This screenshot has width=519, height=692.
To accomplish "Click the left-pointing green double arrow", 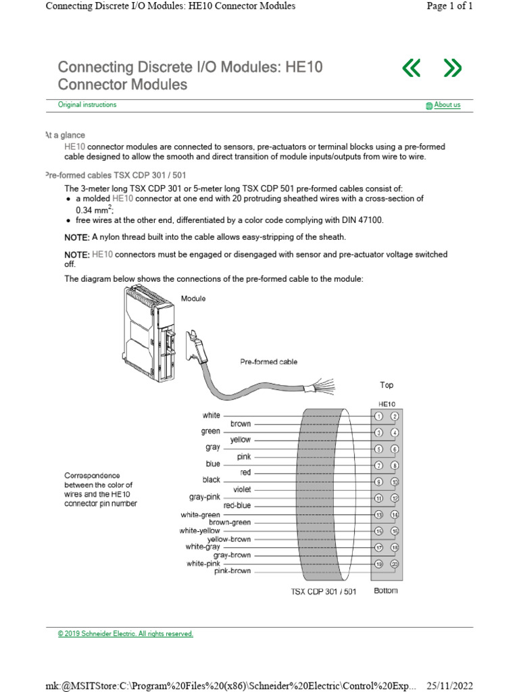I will pyautogui.click(x=411, y=68).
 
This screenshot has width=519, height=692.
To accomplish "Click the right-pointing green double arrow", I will pyautogui.click(x=452, y=68).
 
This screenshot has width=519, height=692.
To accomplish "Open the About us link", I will pyautogui.click(x=447, y=105).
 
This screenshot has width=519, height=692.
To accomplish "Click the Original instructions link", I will pyautogui.click(x=86, y=105).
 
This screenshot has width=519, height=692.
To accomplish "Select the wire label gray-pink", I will pyautogui.click(x=205, y=497).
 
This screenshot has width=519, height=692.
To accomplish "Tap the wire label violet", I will pyautogui.click(x=242, y=489).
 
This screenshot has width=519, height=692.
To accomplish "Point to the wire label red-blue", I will pyautogui.click(x=237, y=505).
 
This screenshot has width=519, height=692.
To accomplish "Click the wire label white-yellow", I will pyautogui.click(x=200, y=530).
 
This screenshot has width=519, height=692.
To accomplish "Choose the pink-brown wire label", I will pyautogui.click(x=232, y=571).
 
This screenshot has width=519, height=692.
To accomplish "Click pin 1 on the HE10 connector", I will pyautogui.click(x=379, y=416).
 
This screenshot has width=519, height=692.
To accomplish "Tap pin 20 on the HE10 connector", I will pyautogui.click(x=395, y=564).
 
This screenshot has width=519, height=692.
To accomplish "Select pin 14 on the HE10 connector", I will pyautogui.click(x=395, y=515).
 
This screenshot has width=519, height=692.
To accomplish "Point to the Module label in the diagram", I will pyautogui.click(x=193, y=298).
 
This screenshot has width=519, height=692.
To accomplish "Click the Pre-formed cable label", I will pyautogui.click(x=268, y=362).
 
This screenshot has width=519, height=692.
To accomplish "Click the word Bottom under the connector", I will pyautogui.click(x=386, y=591).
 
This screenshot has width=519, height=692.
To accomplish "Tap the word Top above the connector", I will pyautogui.click(x=387, y=385).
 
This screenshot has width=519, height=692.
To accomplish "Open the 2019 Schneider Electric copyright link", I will pyautogui.click(x=126, y=634).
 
